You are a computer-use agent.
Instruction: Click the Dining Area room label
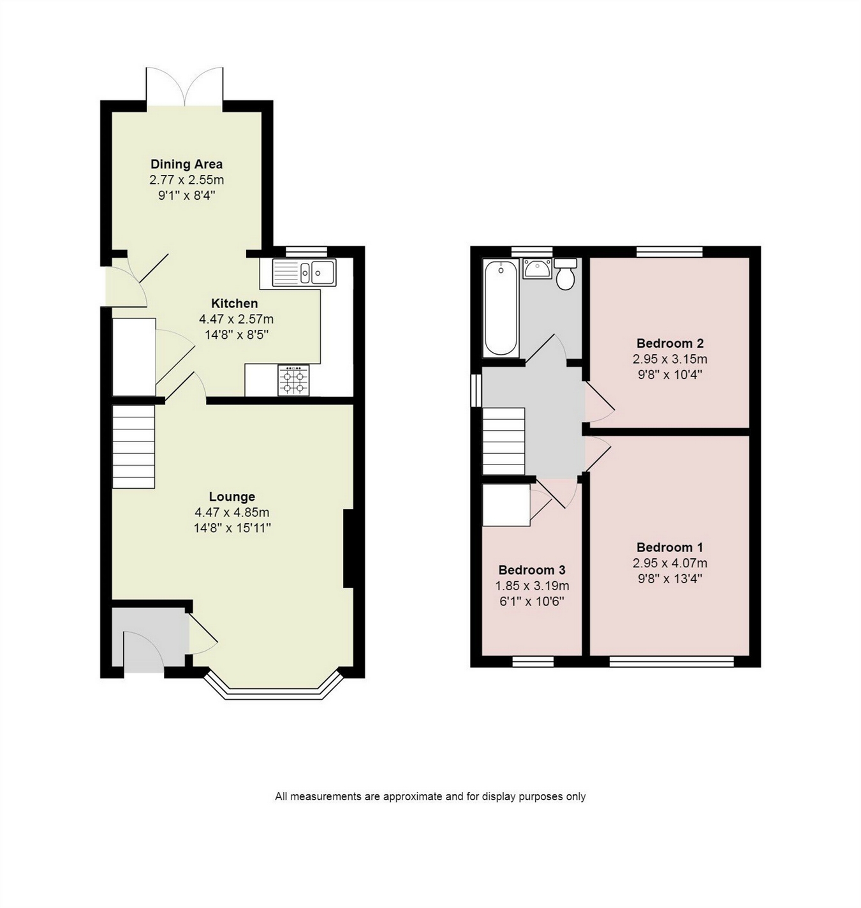point(186,164)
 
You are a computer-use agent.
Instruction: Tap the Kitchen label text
point(235,304)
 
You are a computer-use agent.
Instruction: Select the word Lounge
point(232,496)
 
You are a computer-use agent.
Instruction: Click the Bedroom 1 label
point(670,547)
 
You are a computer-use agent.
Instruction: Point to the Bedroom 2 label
point(670,343)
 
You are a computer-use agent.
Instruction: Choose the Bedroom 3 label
point(532,570)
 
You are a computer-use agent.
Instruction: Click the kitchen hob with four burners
point(293,380)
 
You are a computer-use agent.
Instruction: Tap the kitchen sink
point(304,272)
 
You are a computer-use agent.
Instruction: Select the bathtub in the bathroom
point(501,308)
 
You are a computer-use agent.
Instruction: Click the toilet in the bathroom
point(565,274)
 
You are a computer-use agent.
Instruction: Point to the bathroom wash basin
point(537,269)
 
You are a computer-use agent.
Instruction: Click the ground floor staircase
point(133,447)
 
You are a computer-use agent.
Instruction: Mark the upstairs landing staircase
point(504,441)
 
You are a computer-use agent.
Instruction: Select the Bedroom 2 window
point(670,251)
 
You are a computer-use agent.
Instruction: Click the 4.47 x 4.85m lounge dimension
point(232,512)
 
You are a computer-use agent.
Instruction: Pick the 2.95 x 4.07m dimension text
point(670,563)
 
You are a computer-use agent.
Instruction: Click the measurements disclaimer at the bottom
point(430,797)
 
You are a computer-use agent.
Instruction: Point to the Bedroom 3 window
point(533,662)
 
